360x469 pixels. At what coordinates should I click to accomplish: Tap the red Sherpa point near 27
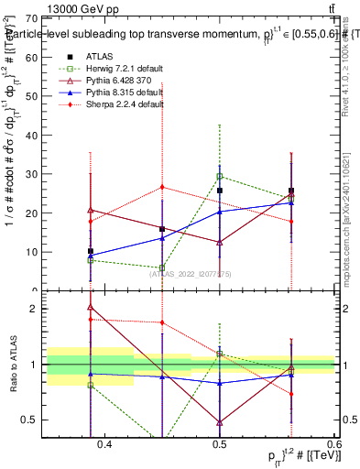(162, 187)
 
